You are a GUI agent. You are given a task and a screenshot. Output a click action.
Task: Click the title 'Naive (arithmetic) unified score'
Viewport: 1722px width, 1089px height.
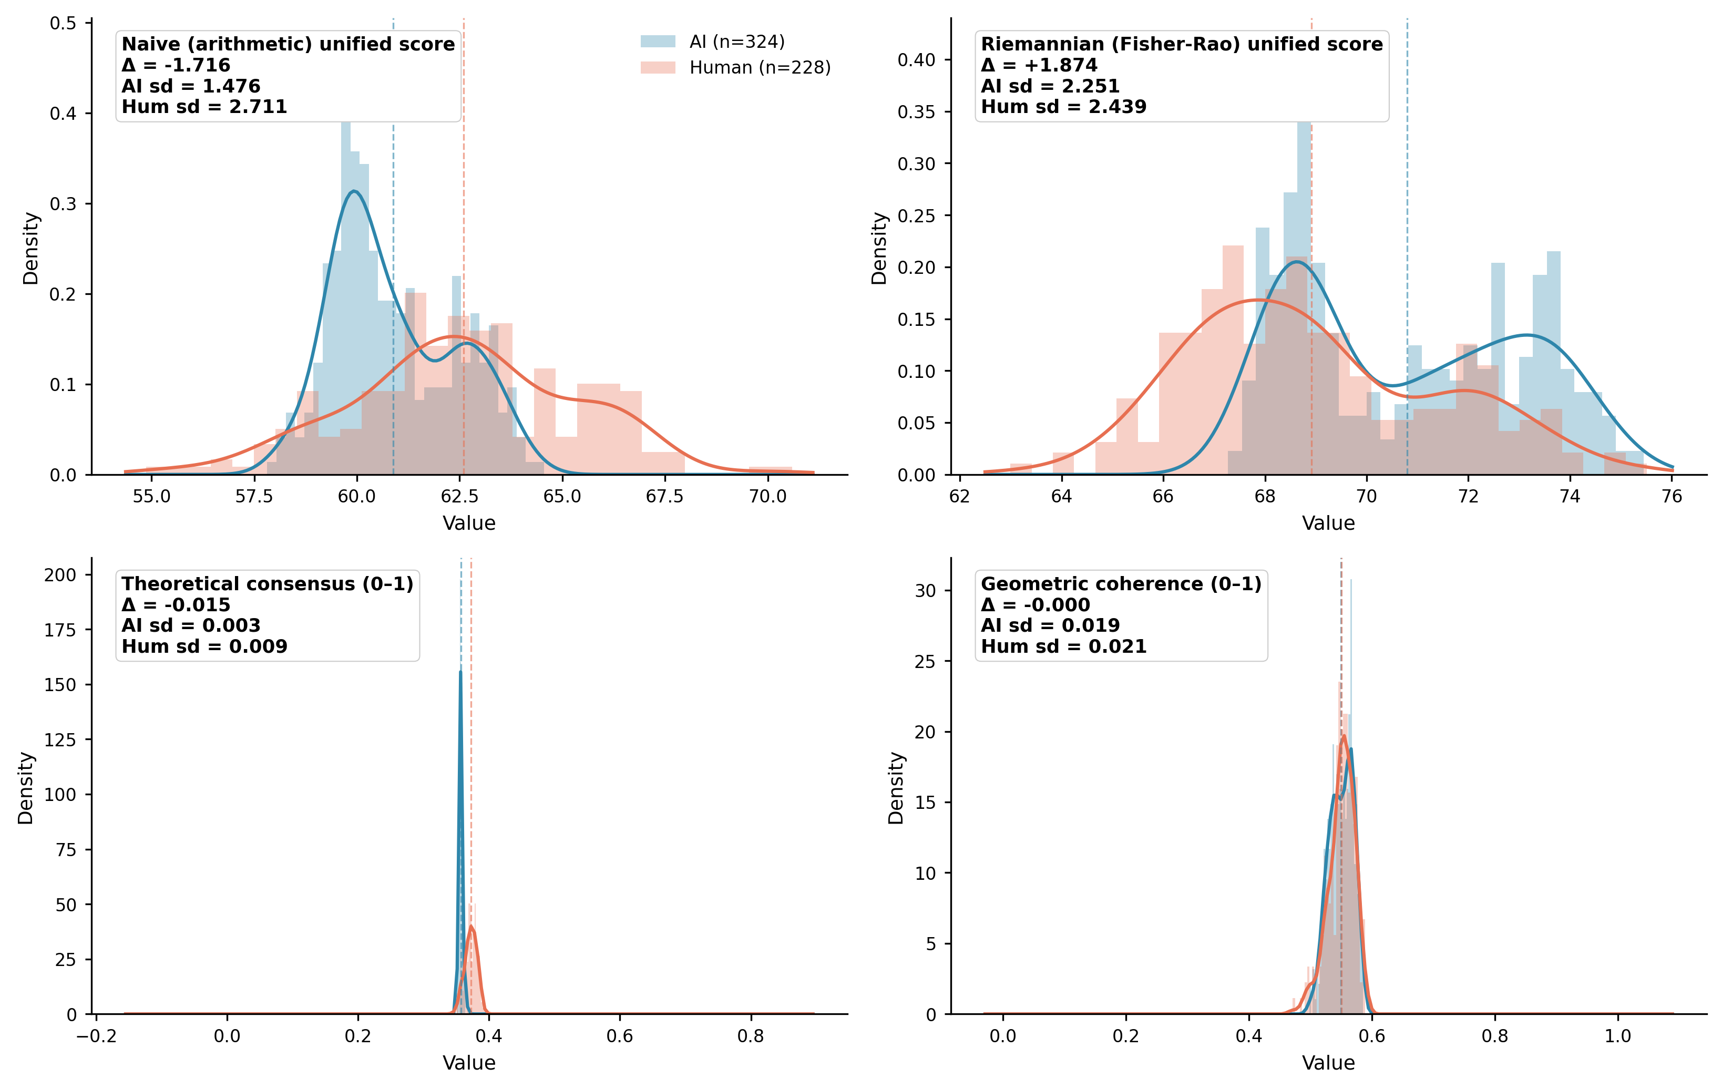[288, 44]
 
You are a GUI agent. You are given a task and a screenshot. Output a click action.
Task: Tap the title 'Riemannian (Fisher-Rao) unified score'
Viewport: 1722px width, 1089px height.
[1181, 44]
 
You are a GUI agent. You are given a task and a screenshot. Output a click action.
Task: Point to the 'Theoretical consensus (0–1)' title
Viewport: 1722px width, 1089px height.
[268, 584]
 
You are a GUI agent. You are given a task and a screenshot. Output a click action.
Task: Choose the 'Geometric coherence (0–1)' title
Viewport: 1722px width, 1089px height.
[1121, 584]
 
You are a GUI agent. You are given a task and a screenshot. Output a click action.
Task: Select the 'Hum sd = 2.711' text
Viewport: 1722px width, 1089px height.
[204, 107]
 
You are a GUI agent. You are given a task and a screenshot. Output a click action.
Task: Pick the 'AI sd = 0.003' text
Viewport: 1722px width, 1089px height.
[191, 625]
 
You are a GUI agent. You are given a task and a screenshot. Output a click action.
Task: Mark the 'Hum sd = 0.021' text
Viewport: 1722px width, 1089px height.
[1063, 646]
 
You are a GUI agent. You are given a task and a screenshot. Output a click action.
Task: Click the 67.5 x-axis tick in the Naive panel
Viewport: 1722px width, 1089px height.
[665, 496]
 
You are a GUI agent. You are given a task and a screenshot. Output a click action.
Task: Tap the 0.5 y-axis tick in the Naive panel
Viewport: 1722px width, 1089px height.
[63, 24]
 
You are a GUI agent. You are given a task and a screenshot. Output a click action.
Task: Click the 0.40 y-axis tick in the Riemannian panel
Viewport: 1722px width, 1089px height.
[916, 60]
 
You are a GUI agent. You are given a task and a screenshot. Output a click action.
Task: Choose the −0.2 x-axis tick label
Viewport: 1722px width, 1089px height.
[97, 1036]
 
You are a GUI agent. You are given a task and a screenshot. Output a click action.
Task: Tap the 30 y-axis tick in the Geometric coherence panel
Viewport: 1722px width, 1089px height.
[925, 591]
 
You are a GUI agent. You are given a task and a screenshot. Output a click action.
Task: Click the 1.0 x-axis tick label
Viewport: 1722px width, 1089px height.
[1617, 1036]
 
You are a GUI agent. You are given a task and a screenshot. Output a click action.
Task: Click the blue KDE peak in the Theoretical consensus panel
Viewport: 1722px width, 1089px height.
[460, 671]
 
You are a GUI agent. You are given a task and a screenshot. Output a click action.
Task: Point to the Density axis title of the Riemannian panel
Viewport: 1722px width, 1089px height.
[879, 248]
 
